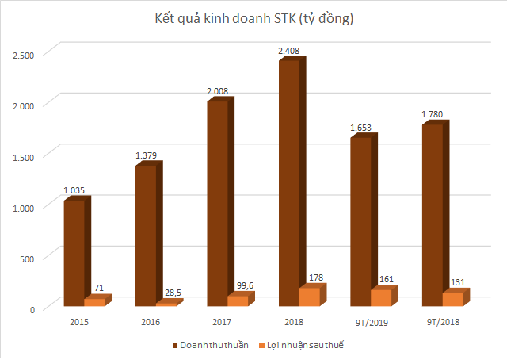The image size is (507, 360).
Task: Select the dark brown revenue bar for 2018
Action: point(288,182)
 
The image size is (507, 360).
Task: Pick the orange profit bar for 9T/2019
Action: point(381,297)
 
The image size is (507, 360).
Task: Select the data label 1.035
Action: point(74,190)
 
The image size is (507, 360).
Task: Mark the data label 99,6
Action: point(238,286)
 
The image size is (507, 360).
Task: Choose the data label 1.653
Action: point(360,128)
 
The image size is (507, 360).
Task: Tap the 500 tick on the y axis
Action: point(28,258)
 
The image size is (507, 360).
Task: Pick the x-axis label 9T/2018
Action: point(442,321)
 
